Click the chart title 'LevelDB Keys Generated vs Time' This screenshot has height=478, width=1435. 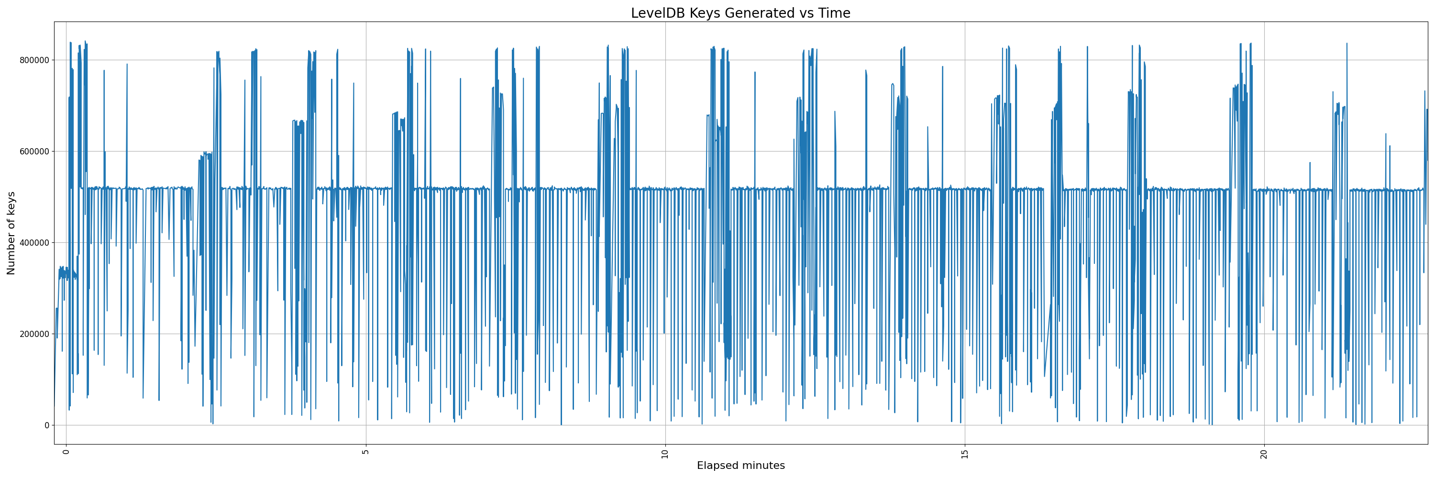coord(740,13)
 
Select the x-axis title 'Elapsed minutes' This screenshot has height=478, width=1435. coord(740,466)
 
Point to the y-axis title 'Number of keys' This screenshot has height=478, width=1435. coord(11,233)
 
